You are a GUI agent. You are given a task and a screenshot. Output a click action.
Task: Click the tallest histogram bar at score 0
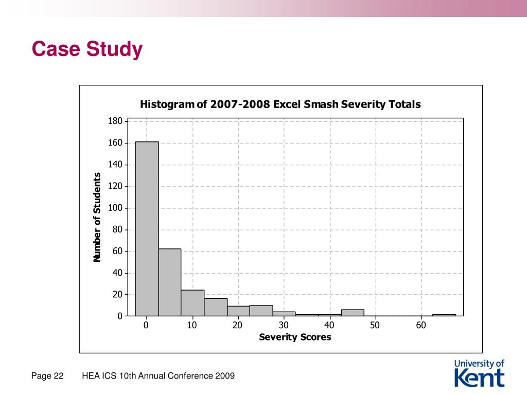pyautogui.click(x=147, y=228)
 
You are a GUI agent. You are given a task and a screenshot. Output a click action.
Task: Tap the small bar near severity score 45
pyautogui.click(x=353, y=313)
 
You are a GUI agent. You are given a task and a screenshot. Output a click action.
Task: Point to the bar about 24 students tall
pyautogui.click(x=192, y=303)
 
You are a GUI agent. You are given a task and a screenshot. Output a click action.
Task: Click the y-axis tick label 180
pyautogui.click(x=115, y=121)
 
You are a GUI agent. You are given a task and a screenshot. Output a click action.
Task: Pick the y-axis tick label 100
pyautogui.click(x=115, y=208)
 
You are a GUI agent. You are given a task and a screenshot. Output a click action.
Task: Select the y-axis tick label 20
pyautogui.click(x=117, y=294)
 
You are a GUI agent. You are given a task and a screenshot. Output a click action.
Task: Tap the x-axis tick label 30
pyautogui.click(x=284, y=325)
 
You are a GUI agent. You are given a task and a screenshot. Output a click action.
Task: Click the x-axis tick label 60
pyautogui.click(x=421, y=325)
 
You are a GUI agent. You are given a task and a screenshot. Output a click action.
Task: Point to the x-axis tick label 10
pyautogui.click(x=192, y=325)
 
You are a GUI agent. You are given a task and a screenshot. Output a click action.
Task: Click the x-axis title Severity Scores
pyautogui.click(x=295, y=337)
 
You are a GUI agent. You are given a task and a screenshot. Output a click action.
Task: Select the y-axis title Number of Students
pyautogui.click(x=97, y=218)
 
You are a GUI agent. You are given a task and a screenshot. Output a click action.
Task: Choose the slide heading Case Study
pyautogui.click(x=87, y=49)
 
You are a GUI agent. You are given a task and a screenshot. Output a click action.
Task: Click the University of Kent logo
pyautogui.click(x=480, y=373)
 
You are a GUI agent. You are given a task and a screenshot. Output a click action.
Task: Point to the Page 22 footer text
pyautogui.click(x=47, y=376)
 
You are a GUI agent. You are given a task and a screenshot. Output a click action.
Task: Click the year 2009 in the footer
pyautogui.click(x=225, y=376)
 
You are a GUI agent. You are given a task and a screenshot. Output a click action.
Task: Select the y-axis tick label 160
pyautogui.click(x=115, y=142)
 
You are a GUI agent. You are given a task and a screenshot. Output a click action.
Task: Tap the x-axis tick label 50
pyautogui.click(x=375, y=325)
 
